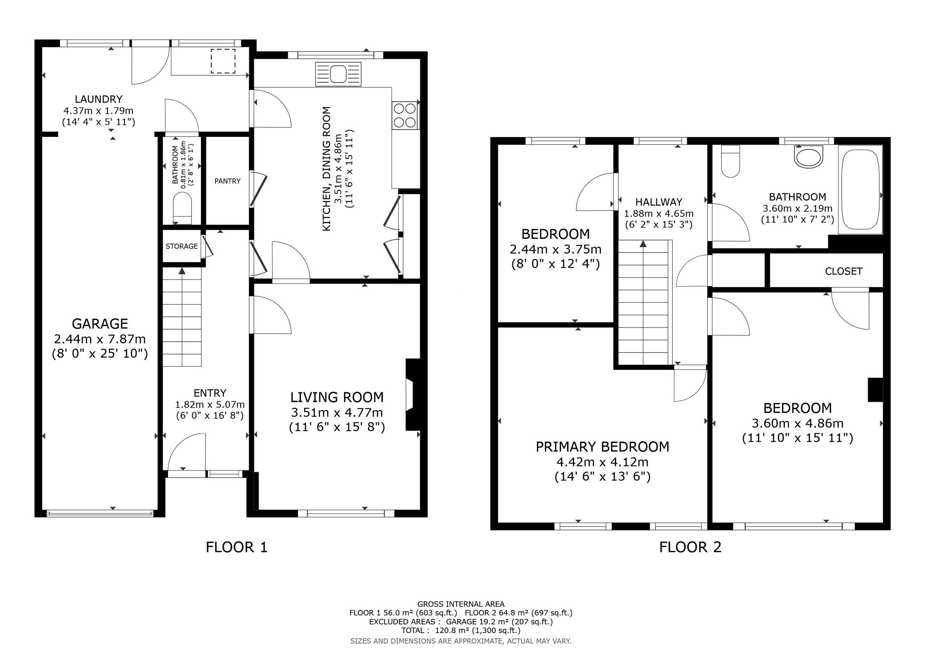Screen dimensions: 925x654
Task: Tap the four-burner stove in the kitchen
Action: [x=405, y=115]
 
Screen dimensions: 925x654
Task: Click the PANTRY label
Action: [x=227, y=181]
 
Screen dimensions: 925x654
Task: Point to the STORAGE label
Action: [x=182, y=246]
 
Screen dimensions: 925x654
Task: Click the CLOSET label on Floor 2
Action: [x=844, y=271]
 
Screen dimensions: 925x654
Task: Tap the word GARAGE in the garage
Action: [x=100, y=324]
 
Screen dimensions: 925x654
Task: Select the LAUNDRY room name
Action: [x=99, y=99]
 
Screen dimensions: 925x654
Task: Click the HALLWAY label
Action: [x=659, y=202]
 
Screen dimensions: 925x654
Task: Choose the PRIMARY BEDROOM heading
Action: [x=602, y=447]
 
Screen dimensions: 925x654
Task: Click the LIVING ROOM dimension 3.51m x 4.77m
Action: [x=337, y=413]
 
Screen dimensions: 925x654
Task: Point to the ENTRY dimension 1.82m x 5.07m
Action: [x=210, y=404]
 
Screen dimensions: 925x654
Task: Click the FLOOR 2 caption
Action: [x=690, y=547]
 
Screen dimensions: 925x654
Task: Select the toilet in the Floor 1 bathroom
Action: [x=182, y=208]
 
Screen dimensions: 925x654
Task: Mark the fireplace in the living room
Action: [x=413, y=395]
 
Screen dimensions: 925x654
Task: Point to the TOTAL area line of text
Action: [x=461, y=630]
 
